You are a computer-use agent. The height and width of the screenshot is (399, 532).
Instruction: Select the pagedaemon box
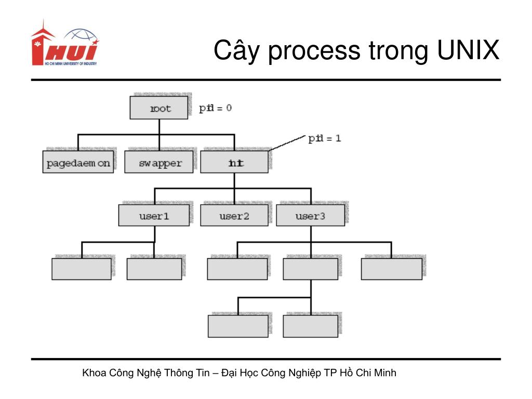coord(78,163)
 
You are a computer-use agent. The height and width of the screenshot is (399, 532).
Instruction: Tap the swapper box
coord(160,163)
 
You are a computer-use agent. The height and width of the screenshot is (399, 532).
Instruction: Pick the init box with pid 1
coord(234,163)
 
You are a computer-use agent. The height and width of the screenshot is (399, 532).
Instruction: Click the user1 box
coord(154,216)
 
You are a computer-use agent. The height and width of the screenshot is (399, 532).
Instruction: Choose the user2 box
coord(234,216)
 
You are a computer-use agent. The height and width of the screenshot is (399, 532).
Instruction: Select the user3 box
coord(310,216)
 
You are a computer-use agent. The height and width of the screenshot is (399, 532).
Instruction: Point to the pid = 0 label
coord(215,108)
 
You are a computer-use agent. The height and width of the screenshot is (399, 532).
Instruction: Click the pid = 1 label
coord(325,139)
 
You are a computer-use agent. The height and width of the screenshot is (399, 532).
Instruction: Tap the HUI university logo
coord(64,44)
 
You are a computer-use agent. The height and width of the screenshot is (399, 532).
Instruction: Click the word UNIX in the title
coord(467,51)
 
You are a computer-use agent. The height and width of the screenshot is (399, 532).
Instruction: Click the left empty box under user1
coord(82,269)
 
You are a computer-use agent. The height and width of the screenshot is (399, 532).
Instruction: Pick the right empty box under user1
coord(154,269)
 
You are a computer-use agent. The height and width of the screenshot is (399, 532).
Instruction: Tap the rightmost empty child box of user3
coord(392,269)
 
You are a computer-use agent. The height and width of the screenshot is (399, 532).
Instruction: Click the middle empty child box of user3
coord(310,269)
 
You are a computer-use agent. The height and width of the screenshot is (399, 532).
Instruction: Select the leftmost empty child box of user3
coord(237,269)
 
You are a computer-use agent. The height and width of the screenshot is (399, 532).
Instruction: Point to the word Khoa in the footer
coord(94,373)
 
